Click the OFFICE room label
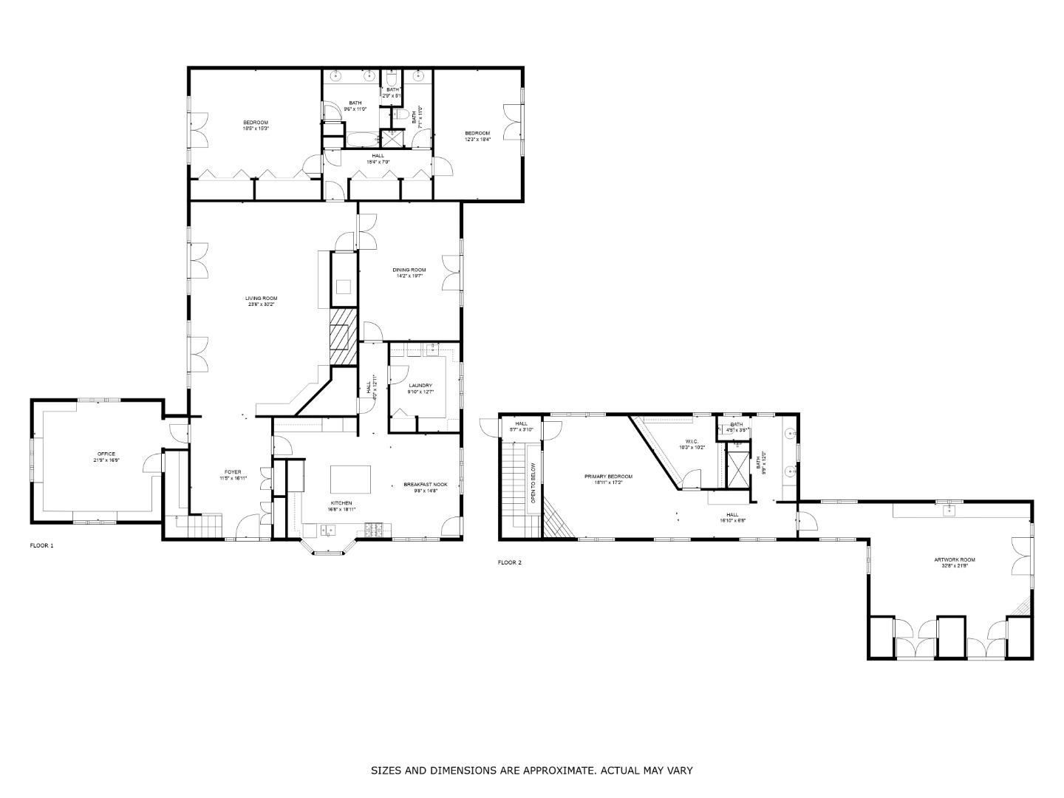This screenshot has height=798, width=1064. pos(106,454)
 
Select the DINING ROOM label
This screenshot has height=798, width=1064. pos(409,270)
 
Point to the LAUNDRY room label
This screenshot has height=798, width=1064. pos(420,386)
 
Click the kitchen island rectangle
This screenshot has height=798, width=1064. pos(350,480)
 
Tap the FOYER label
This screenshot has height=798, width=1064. pos(233,472)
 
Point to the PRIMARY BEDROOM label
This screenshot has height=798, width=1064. pos(608,477)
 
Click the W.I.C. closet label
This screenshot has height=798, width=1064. pos(692,442)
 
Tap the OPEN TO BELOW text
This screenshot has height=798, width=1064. pos(533,484)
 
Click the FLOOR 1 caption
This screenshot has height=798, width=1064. pos(41,546)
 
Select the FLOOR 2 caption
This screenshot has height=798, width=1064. pos(509,562)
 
